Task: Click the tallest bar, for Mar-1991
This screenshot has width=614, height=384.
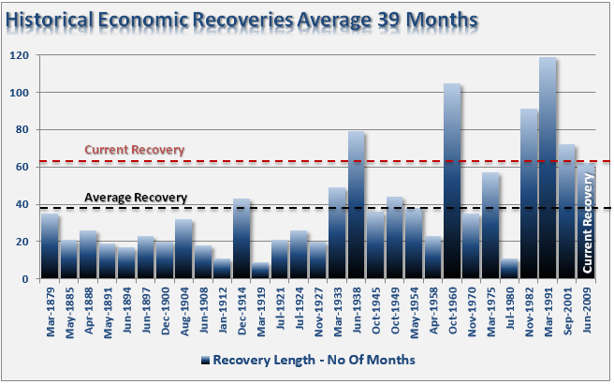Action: pos(548,169)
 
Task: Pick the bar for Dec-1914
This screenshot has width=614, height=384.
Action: pos(241,238)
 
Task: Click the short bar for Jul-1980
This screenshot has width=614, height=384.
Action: pos(509,268)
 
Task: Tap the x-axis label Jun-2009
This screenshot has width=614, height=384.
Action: pos(587,308)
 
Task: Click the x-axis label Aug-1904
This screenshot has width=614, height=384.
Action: pos(184,308)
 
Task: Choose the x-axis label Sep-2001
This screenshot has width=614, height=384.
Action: pos(567,308)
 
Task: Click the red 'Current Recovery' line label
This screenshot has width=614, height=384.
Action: pos(134,150)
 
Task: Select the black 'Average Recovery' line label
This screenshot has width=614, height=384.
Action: pos(136,197)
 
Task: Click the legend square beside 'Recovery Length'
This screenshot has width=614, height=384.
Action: pos(204,360)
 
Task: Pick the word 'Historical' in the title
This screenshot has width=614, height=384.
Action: pos(51,19)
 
